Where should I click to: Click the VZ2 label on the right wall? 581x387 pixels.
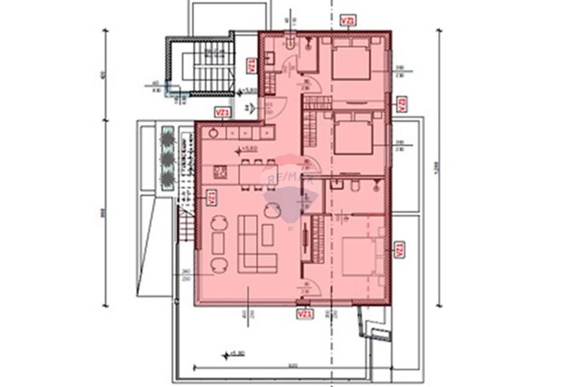click(x=401, y=104)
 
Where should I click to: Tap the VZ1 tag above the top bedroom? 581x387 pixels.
click(x=347, y=21)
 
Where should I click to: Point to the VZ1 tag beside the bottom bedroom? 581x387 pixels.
click(x=399, y=250)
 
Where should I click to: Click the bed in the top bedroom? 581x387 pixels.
click(x=351, y=62)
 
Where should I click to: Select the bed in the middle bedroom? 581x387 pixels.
click(x=353, y=134)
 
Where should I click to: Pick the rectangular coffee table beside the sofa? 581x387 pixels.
click(x=267, y=234)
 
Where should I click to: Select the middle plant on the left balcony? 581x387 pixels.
click(x=168, y=157)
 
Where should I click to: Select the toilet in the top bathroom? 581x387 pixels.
click(x=290, y=43)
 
